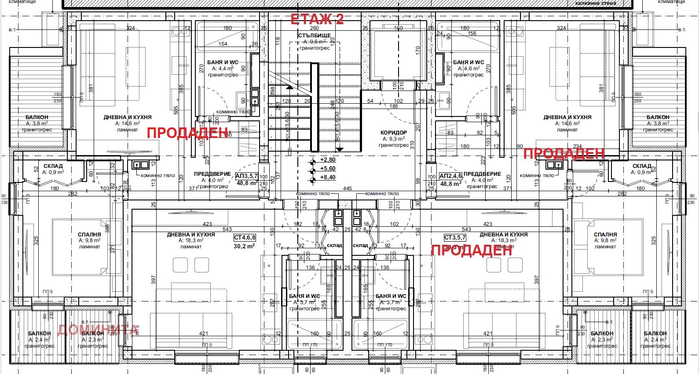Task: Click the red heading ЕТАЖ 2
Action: click(317, 19)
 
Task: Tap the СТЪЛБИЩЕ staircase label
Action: click(315, 35)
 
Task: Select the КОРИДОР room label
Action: click(394, 132)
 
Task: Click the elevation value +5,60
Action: click(328, 169)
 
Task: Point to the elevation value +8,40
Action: click(328, 178)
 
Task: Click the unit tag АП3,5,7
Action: click(246, 176)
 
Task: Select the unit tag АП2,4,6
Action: click(450, 176)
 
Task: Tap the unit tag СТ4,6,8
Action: click(245, 237)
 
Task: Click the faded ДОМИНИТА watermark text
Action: click(98, 329)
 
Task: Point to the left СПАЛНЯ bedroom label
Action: click(89, 235)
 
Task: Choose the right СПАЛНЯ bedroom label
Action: click(605, 235)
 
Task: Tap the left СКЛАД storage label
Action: click(53, 166)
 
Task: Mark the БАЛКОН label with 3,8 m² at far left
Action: click(37, 117)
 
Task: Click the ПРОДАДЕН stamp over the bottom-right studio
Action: click(472, 250)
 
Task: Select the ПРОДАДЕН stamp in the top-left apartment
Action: click(187, 133)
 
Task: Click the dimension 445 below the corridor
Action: click(348, 189)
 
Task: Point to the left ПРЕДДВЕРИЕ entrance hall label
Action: click(212, 174)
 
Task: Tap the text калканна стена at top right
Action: click(596, 3)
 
